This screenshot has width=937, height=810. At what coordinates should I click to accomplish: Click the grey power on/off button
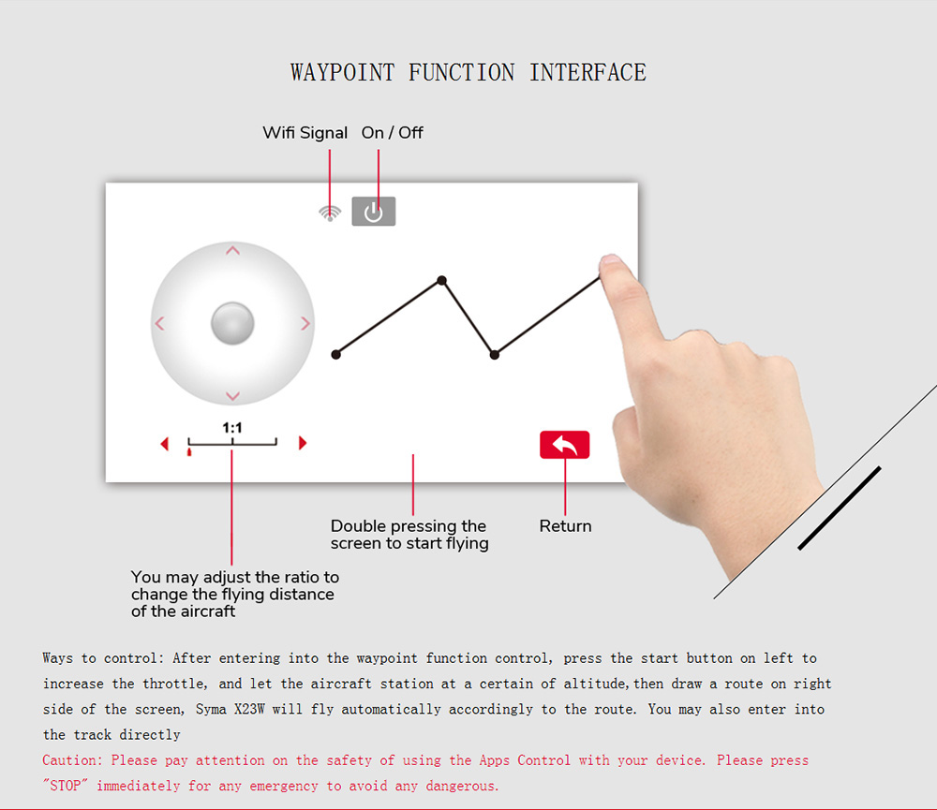tap(374, 212)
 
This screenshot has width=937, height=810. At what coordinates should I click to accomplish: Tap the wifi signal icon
tap(330, 214)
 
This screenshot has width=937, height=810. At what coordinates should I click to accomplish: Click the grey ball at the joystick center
tap(232, 323)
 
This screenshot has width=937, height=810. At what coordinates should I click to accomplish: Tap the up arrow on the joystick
tap(232, 251)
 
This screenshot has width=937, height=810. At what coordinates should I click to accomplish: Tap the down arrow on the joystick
tap(232, 395)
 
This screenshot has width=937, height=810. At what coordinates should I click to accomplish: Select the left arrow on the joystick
tap(159, 323)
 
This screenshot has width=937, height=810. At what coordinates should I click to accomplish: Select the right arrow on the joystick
tap(305, 323)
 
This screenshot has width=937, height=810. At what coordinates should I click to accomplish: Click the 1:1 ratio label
tap(232, 428)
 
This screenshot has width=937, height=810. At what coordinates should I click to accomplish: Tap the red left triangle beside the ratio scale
tap(165, 443)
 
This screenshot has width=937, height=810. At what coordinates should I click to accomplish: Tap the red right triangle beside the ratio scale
tap(303, 443)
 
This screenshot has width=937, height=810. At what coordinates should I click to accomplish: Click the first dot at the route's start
tap(335, 354)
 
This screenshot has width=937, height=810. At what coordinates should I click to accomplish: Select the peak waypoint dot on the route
tap(441, 280)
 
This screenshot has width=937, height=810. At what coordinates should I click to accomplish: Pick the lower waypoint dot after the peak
tap(494, 355)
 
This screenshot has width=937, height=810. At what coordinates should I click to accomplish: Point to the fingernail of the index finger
tap(610, 259)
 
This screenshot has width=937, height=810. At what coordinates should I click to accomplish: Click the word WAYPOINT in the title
tap(342, 72)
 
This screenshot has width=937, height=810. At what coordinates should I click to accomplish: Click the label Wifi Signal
tap(305, 133)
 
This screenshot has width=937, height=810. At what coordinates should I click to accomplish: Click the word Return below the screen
tap(565, 526)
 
